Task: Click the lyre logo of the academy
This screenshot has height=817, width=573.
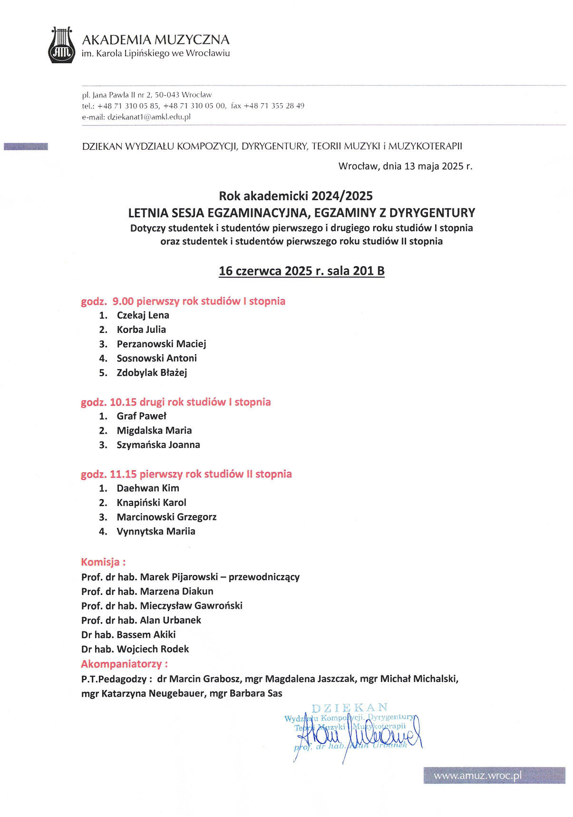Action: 62,45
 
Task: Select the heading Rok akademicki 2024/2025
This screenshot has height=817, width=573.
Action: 296,195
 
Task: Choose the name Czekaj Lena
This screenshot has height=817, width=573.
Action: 143,315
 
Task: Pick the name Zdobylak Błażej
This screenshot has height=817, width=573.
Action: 152,373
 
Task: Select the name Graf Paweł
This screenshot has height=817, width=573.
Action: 141,416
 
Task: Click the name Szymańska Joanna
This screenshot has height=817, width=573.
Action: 158,445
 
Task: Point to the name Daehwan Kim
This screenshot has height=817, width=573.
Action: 148,488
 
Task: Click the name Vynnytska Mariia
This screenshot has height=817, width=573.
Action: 156,532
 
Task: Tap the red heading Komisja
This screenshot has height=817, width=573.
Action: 103,562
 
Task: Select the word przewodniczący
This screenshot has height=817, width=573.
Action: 264,577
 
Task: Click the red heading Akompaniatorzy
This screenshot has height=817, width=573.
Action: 124,664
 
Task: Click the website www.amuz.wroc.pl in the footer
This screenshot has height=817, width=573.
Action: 477,776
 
